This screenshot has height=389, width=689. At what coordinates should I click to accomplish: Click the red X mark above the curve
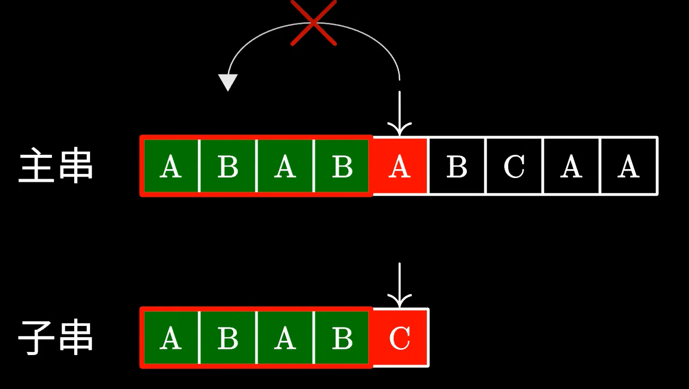pos(314,23)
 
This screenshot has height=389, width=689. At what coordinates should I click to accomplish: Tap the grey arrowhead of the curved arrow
pos(228,82)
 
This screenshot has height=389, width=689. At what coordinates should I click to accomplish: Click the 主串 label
pos(56,166)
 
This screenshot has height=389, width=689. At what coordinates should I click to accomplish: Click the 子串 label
pos(56,337)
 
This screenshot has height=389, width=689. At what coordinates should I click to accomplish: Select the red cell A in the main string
pos(400,166)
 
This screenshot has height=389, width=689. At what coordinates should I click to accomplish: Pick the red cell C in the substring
pos(400,338)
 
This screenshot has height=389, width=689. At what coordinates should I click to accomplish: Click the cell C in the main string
pos(514,166)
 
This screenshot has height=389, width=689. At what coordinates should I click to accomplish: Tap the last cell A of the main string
pos(629,166)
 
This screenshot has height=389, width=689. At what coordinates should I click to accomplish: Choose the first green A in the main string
pos(170,166)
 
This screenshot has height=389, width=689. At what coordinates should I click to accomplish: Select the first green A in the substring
pos(170,338)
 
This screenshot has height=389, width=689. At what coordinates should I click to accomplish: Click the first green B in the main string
pos(228,166)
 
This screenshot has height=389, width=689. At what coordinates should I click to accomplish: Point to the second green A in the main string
pos(285,166)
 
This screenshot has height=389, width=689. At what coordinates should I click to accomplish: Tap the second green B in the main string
pos(342,166)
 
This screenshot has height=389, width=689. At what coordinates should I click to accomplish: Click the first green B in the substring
pos(228,338)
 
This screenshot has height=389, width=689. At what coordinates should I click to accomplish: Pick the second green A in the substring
pos(285,338)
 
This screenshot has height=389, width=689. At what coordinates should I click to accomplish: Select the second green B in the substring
pos(342,338)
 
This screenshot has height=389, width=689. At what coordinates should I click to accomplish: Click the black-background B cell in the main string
pos(457,166)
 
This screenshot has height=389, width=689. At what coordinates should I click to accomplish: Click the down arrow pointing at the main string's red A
pos(400,114)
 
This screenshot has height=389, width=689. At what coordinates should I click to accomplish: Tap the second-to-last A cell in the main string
pos(571,166)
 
